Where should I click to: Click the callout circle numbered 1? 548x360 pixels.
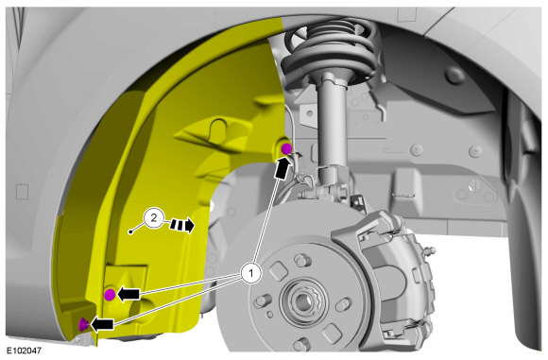[x=251, y=273]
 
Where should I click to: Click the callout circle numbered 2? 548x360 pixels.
[x=153, y=219]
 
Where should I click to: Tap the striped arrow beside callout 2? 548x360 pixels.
[x=181, y=225]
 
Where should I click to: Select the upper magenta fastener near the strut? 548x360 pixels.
[x=286, y=148]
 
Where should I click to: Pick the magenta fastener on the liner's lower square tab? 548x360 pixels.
[x=110, y=295]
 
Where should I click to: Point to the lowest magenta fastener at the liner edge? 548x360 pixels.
[x=83, y=324]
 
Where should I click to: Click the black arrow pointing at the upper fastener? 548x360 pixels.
[x=283, y=168]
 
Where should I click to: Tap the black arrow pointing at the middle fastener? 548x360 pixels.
[x=128, y=294]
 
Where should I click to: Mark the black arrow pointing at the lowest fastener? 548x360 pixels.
[x=102, y=324]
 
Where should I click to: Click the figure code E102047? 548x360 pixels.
[x=24, y=351]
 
